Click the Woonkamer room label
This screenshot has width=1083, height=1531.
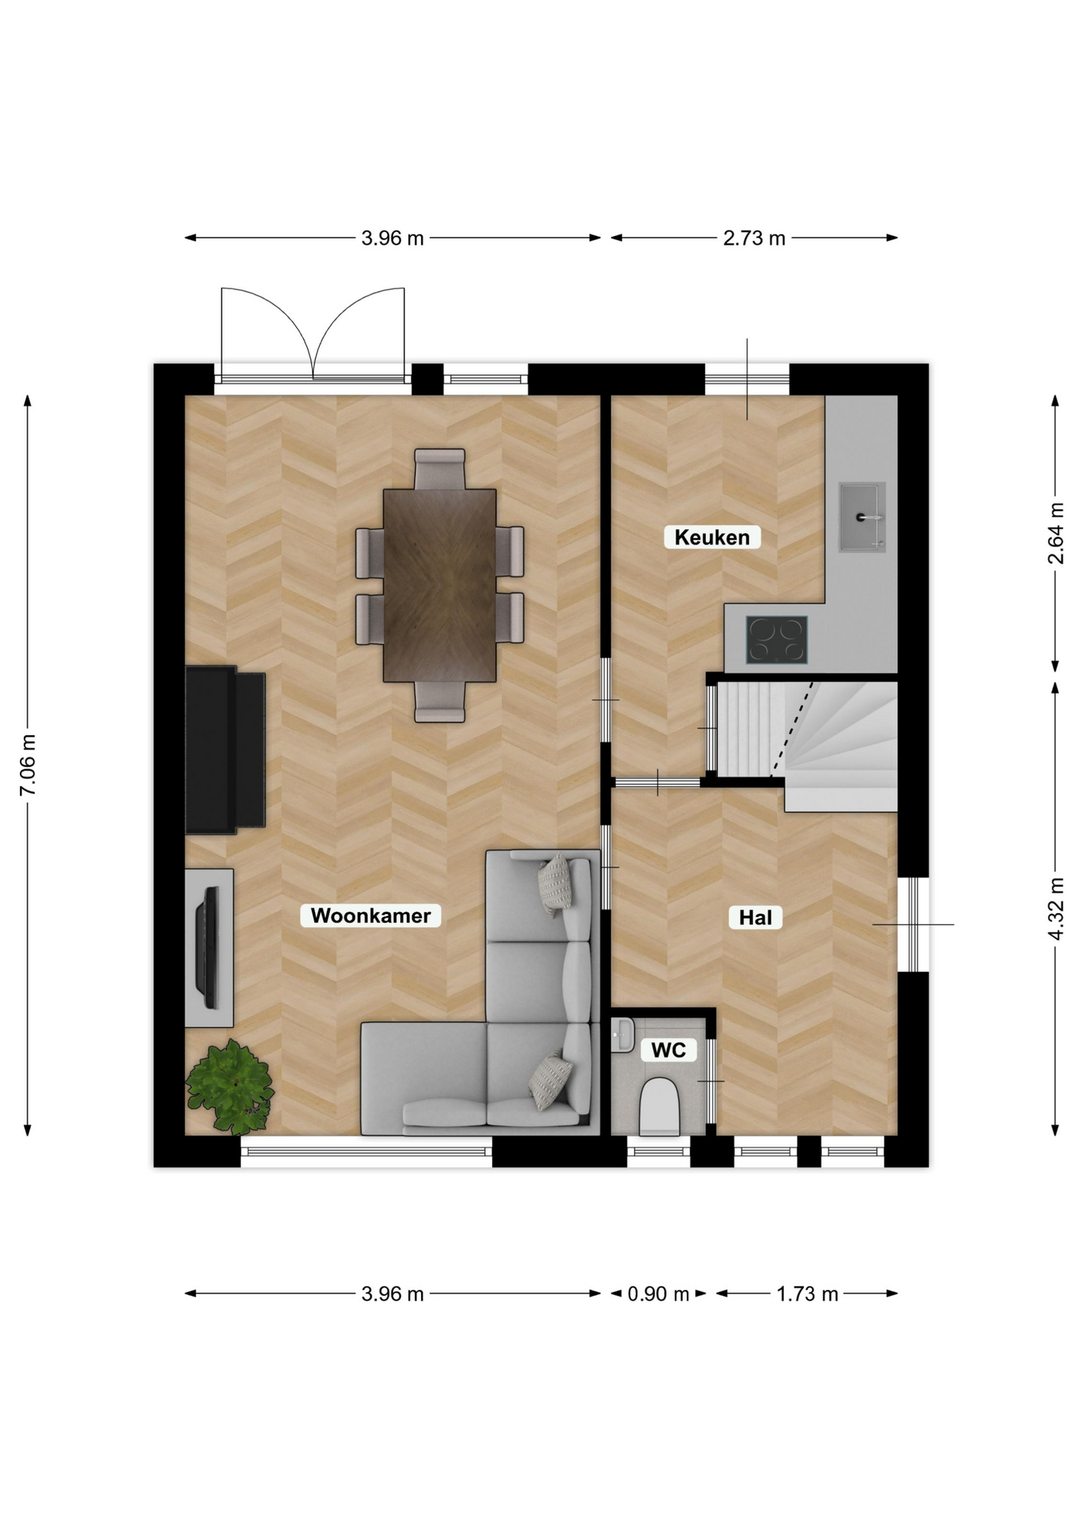point(371,915)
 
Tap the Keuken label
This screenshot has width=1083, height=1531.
point(712,537)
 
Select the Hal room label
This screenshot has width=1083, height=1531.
point(755,918)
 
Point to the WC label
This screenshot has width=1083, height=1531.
point(668,1050)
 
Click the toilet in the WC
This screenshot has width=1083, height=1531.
point(660,1106)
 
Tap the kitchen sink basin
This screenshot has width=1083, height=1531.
point(862,517)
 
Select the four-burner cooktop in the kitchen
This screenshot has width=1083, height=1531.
point(777,640)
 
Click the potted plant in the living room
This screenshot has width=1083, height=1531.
point(230,1086)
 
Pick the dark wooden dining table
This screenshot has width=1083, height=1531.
point(439,585)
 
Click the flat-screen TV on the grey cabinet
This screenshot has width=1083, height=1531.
point(209,947)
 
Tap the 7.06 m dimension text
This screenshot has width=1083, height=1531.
point(28,765)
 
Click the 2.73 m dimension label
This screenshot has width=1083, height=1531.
point(754,238)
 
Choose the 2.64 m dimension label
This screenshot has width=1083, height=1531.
point(1056,533)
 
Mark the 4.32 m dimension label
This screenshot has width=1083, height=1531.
point(1056,908)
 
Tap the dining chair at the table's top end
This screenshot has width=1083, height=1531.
point(439,469)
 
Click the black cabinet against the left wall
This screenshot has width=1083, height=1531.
point(225,750)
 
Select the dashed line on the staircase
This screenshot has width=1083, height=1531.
point(791,728)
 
